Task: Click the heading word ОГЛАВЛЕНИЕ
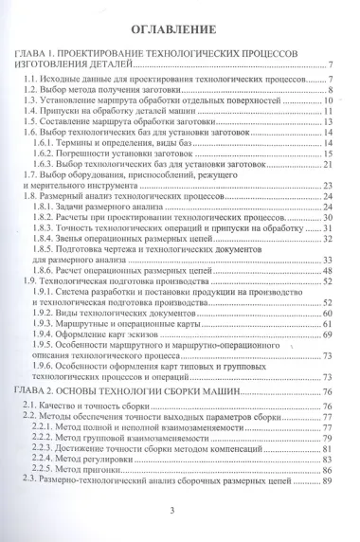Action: coord(180,27)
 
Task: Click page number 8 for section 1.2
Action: coord(327,90)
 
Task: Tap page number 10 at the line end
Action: coord(325,101)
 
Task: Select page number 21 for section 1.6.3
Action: coord(325,164)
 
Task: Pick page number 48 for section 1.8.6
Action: coord(325,270)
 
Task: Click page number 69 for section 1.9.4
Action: coord(325,334)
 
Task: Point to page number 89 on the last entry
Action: coord(325,481)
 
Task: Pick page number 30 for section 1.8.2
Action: coord(325,217)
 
